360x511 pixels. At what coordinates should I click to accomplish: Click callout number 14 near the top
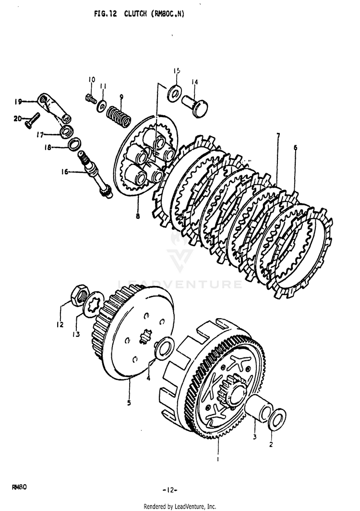[x=195, y=82]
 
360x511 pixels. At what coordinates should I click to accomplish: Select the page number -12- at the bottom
[x=169, y=490]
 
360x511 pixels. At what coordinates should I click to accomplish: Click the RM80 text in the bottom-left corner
[x=19, y=487]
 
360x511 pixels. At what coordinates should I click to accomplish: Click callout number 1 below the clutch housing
[x=218, y=459]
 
